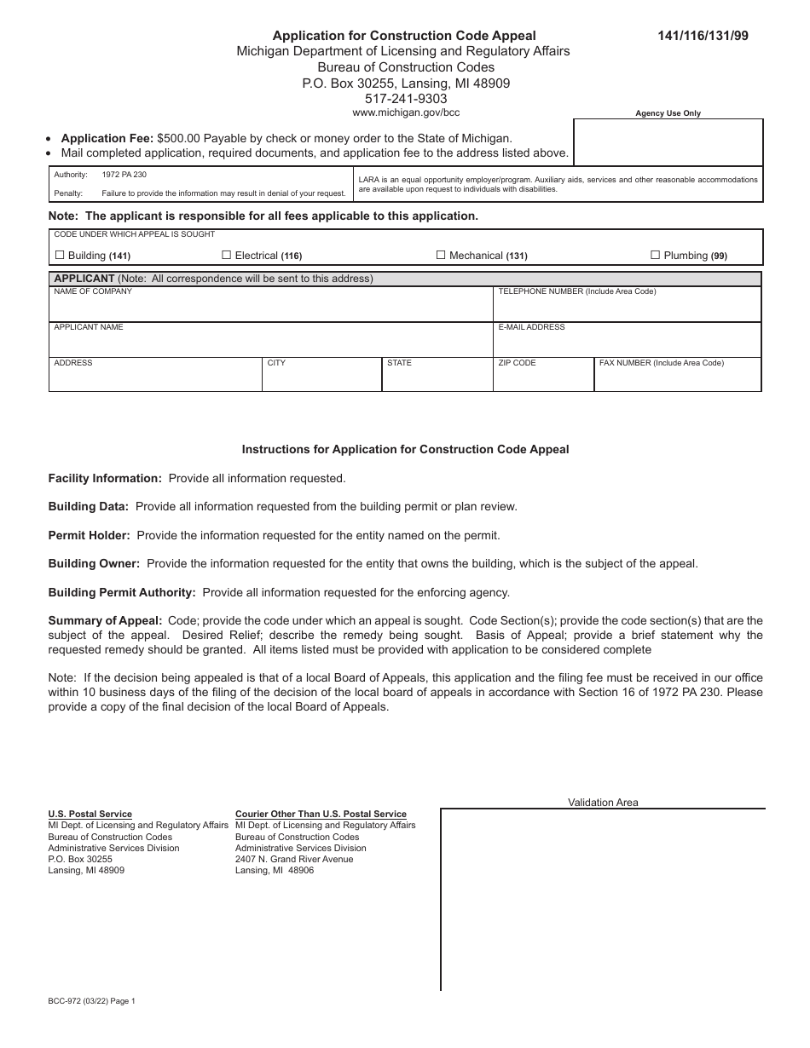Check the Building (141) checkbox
(60, 255)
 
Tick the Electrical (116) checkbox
(227, 255)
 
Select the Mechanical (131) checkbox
(441, 255)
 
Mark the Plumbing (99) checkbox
(655, 255)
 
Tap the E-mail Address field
(627, 343)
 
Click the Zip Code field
(543, 379)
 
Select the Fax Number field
(677, 379)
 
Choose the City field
(321, 379)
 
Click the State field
(437, 379)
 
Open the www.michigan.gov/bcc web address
(406, 112)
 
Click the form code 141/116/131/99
(703, 36)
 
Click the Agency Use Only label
(668, 113)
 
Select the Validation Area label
(603, 803)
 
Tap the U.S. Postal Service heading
(90, 815)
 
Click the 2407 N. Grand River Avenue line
(294, 859)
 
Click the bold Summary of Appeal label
(105, 621)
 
